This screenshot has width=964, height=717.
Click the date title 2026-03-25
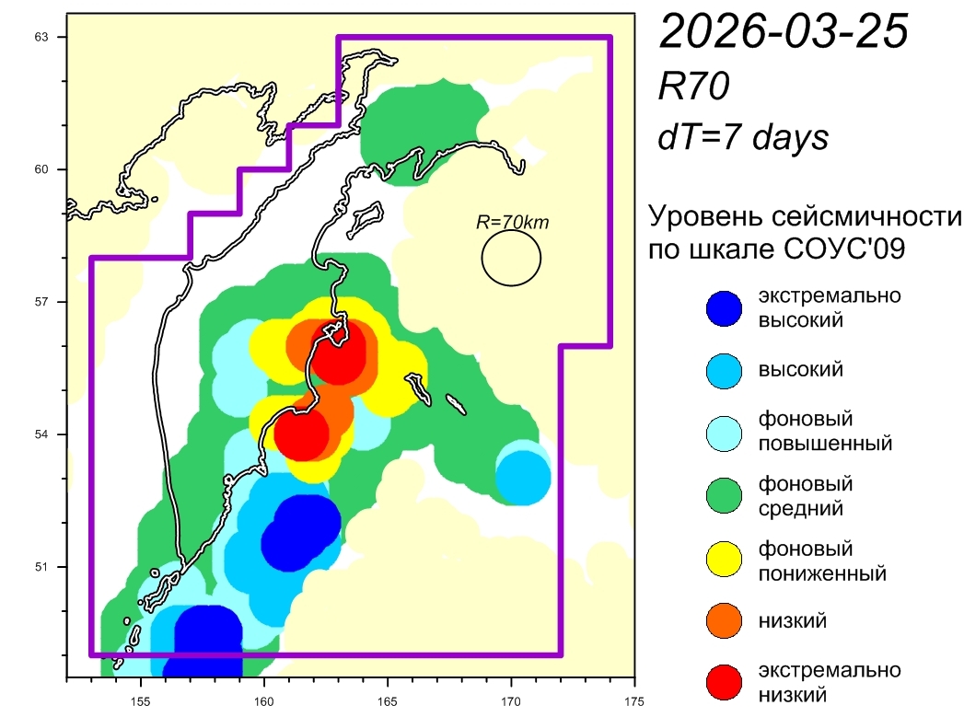tap(784, 33)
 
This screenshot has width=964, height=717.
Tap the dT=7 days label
tap(743, 137)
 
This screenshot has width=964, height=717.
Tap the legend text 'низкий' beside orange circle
tap(792, 620)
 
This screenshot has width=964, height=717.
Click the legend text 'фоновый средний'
tap(806, 495)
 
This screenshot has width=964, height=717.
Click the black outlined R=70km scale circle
tap(511, 258)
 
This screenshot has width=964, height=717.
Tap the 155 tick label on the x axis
tap(140, 697)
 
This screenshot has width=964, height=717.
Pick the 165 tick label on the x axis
tap(388, 697)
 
